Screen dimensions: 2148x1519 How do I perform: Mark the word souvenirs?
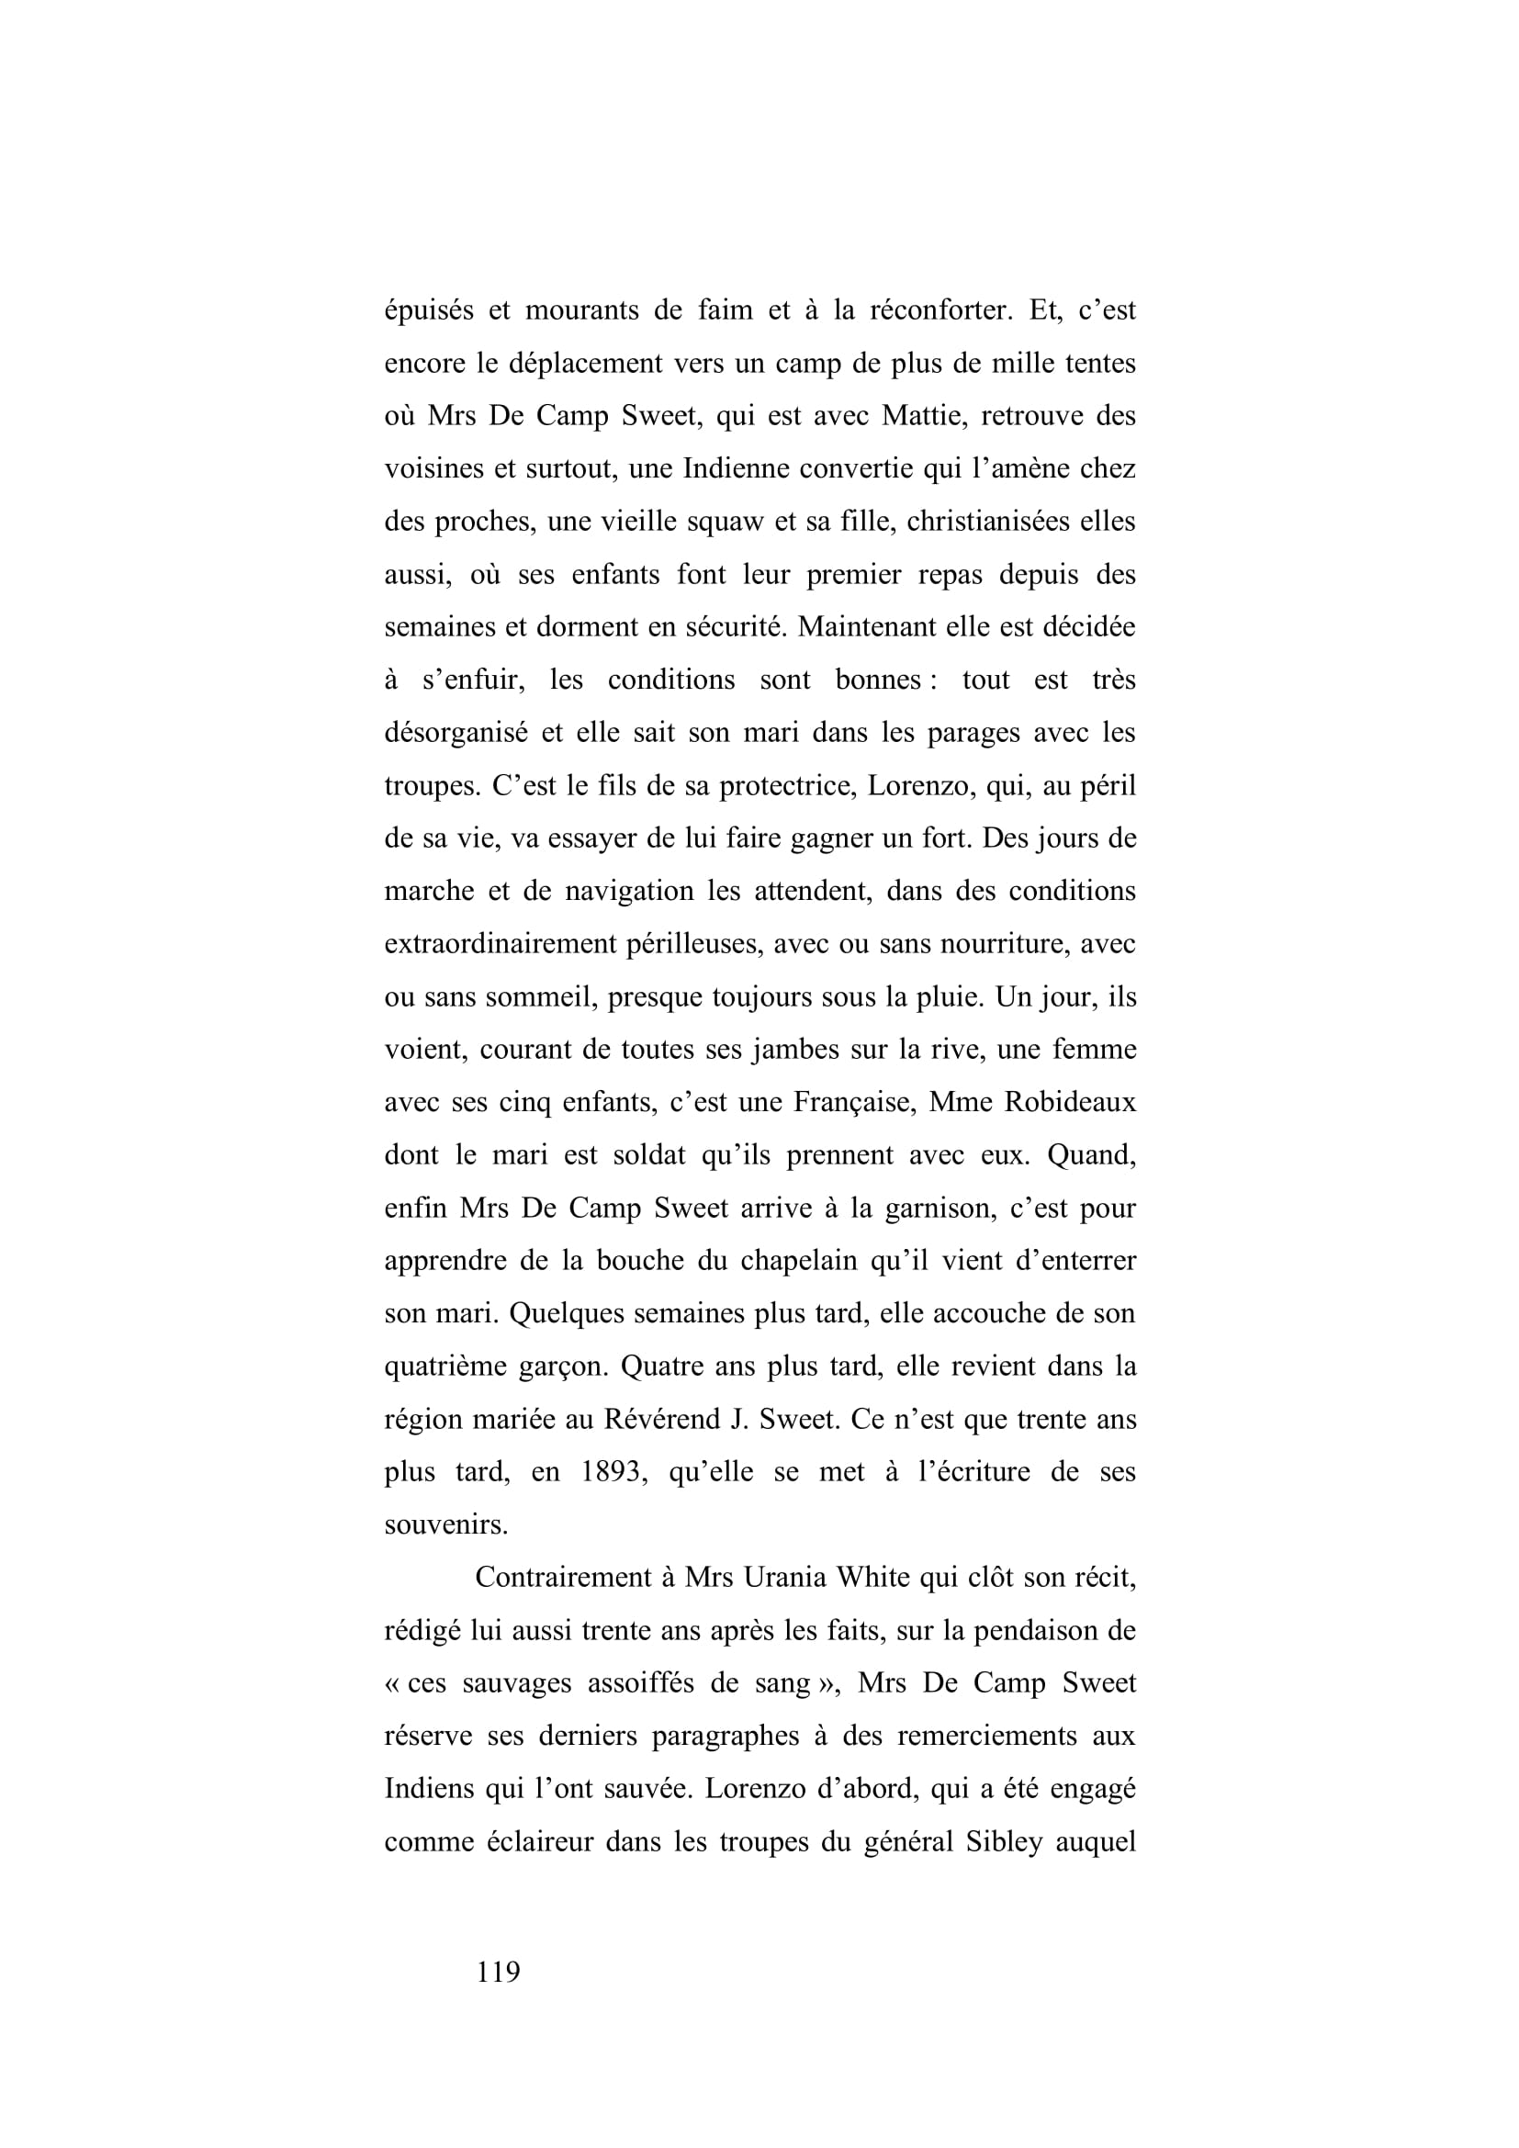pyautogui.click(x=446, y=1525)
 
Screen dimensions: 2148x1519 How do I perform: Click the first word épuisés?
pyautogui.click(x=428, y=309)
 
